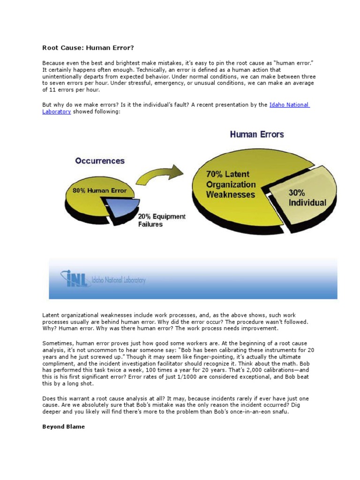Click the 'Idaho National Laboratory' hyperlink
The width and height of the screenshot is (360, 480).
tap(289, 105)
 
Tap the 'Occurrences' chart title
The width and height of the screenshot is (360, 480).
tap(100, 161)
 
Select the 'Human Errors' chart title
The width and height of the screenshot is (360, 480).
tap(256, 135)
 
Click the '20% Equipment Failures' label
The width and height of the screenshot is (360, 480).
tap(161, 220)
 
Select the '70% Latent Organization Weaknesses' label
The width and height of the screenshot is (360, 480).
tap(231, 185)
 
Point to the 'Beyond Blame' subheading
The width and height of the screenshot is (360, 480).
tap(64, 427)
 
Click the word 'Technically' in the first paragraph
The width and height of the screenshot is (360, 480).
tap(172, 69)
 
